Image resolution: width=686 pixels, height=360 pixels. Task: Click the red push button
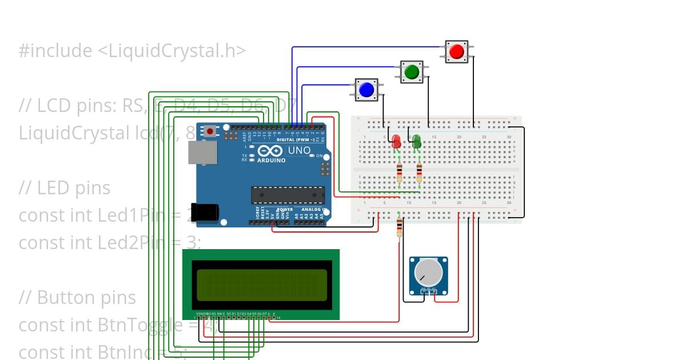coord(456,52)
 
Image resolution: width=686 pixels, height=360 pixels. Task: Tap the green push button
coord(411,72)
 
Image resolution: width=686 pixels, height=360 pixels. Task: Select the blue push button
coord(366,90)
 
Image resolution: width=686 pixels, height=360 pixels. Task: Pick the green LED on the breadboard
coord(417,141)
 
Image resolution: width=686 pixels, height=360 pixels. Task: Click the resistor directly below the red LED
coord(399,173)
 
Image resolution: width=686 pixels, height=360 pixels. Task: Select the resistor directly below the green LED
coord(420,173)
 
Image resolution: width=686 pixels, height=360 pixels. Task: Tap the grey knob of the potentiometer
coord(428,273)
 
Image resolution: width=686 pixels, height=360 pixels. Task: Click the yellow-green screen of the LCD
coord(262,285)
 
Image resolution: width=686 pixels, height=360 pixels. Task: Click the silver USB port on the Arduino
coord(203,153)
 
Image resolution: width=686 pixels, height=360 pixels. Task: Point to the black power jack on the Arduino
coord(204,212)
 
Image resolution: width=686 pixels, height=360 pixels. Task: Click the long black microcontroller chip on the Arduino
coord(288,195)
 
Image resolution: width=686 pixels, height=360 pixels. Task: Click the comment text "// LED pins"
coord(65,188)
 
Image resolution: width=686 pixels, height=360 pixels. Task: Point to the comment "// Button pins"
coord(77,298)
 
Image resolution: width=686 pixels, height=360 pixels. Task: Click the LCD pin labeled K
coord(274,314)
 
